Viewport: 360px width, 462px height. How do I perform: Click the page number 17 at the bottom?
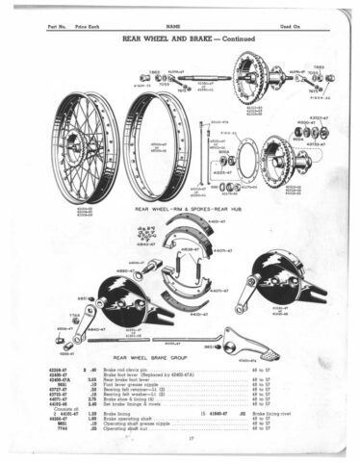[x=179, y=440]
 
